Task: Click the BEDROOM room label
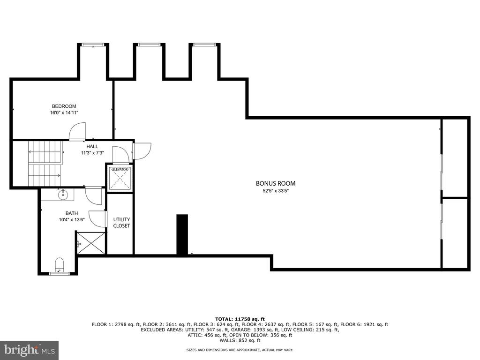[x=64, y=106]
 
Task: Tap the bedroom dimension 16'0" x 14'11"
[x=64, y=112]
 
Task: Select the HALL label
[x=92, y=146]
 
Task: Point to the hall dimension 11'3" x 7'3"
[x=92, y=153]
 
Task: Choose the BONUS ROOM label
[x=276, y=183]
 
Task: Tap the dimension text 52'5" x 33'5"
[x=276, y=191]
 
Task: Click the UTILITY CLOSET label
[x=121, y=223]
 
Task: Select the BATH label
[x=72, y=213]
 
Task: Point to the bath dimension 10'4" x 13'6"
[x=72, y=219]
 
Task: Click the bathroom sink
[x=63, y=195]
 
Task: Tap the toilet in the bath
[x=60, y=264]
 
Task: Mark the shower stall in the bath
[x=90, y=243]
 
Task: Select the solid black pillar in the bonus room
[x=182, y=234]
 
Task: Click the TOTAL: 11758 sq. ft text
[x=240, y=319]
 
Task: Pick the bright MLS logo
[x=30, y=350]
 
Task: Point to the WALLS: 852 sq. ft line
[x=240, y=340]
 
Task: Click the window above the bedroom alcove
[x=93, y=45]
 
